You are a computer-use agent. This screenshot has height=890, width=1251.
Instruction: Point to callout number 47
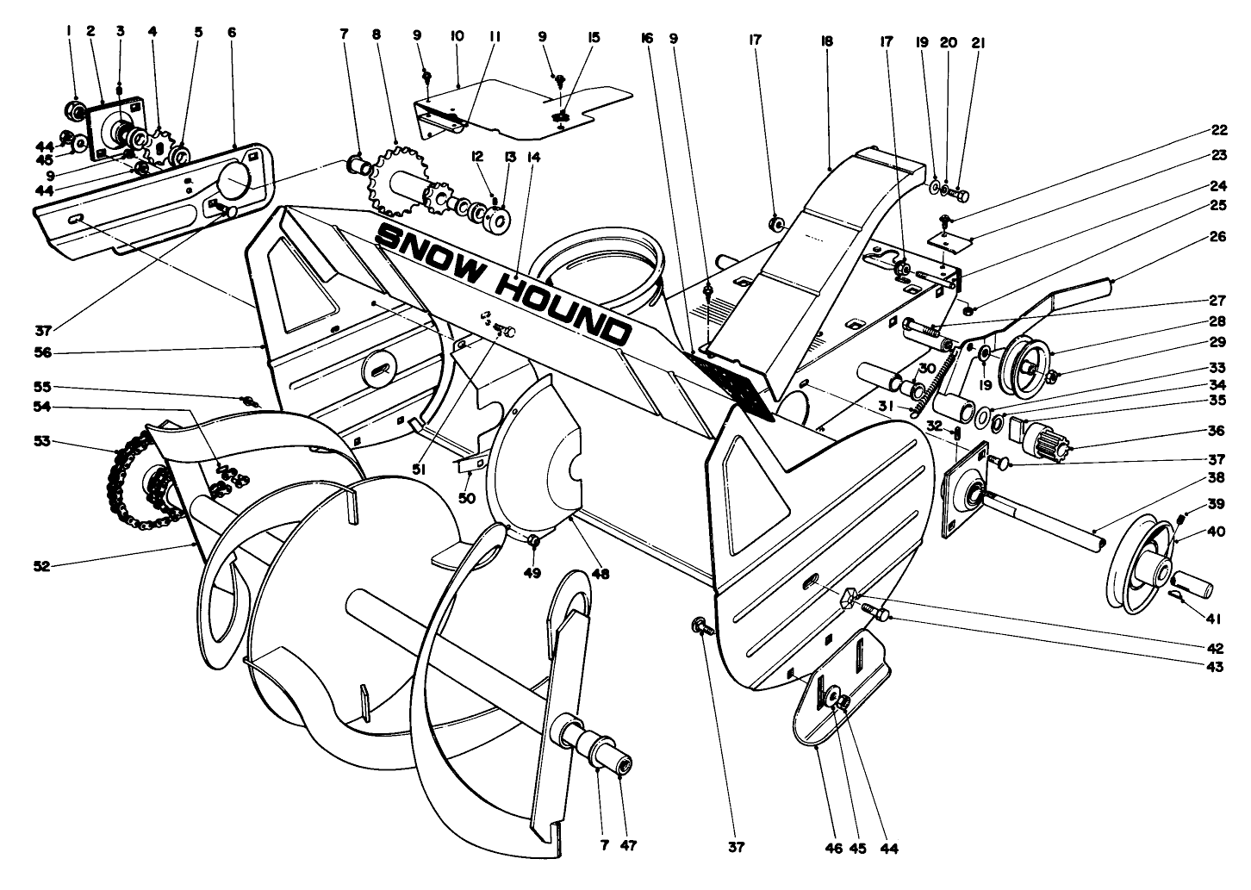tap(628, 845)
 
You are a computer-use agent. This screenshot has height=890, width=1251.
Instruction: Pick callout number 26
tap(1217, 237)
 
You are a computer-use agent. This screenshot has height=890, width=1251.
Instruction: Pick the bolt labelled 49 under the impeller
tap(533, 541)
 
